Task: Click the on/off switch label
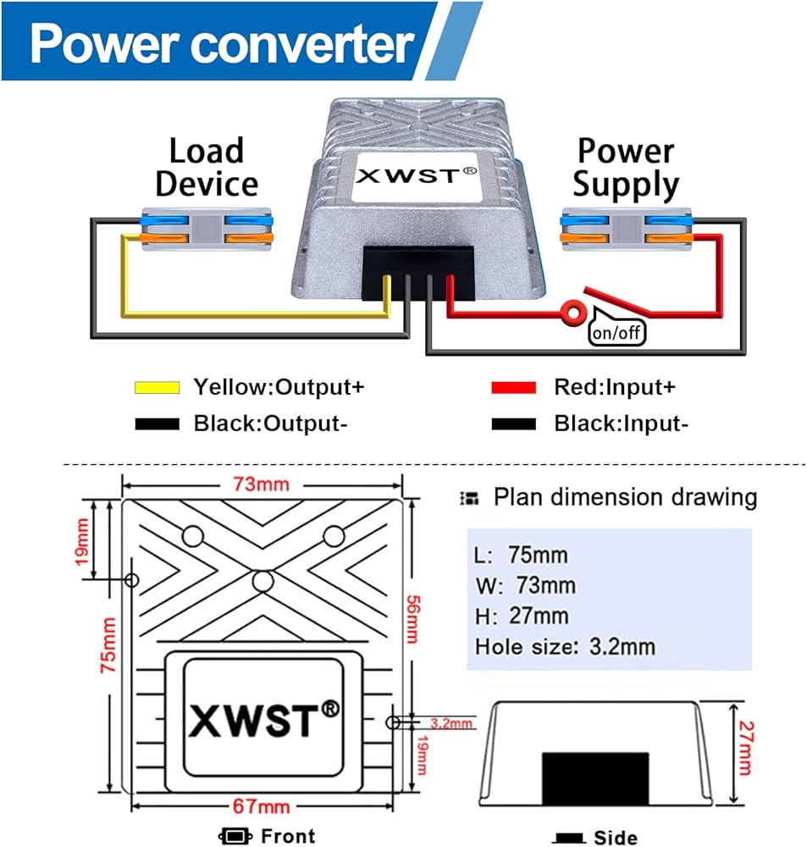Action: [x=616, y=332]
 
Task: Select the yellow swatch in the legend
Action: [x=158, y=388]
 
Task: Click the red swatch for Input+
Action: [x=514, y=388]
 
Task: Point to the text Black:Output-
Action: [x=270, y=423]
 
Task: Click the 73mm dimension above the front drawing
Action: [x=262, y=484]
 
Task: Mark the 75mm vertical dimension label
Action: [x=108, y=645]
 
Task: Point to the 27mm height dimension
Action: [x=743, y=748]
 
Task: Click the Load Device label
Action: [x=206, y=168]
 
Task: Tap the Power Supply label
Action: [x=626, y=168]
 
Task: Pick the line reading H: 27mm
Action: [x=522, y=616]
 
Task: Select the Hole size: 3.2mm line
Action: [x=565, y=646]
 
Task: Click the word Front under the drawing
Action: [x=288, y=835]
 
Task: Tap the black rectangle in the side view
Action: [x=594, y=774]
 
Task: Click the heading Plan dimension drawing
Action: [x=625, y=497]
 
